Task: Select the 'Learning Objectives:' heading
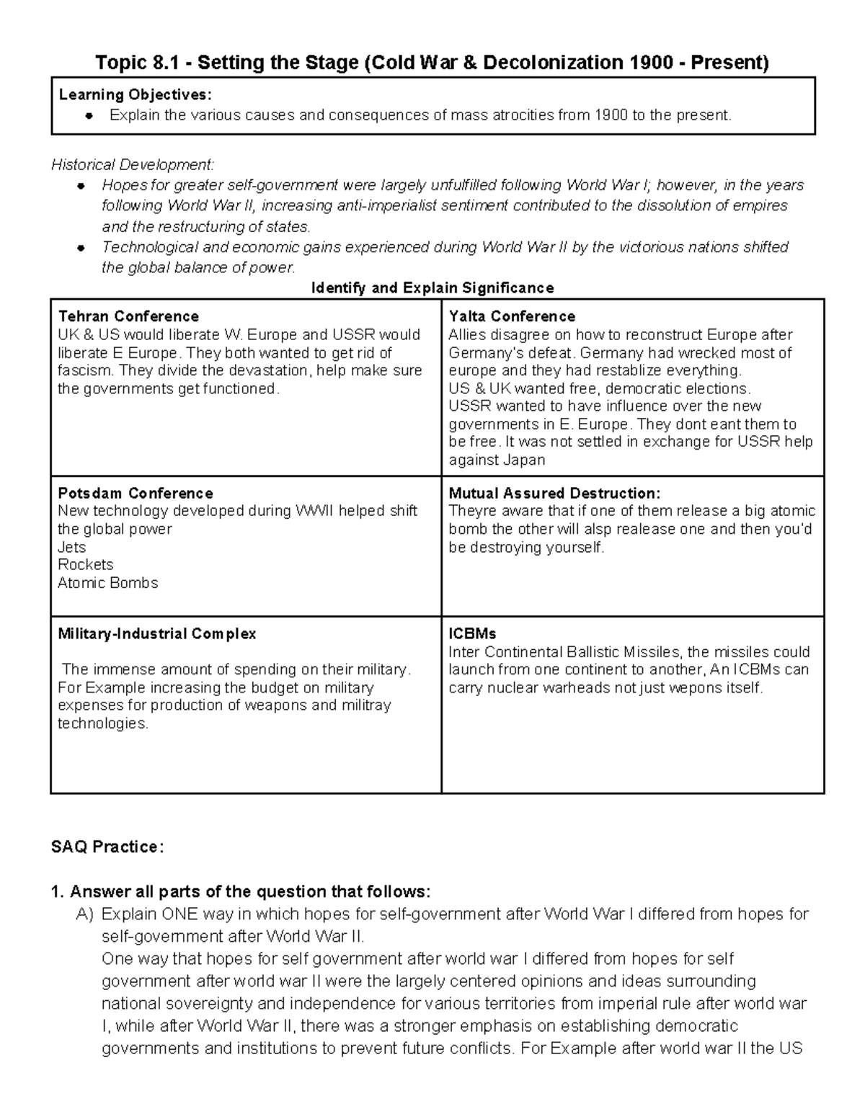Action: tap(136, 94)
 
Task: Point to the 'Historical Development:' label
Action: tap(133, 165)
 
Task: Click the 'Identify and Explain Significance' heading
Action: tap(432, 288)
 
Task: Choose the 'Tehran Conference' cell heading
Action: tap(128, 316)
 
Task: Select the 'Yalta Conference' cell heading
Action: tap(512, 316)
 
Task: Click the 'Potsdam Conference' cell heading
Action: tap(136, 494)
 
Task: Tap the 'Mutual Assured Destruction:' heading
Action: tap(554, 494)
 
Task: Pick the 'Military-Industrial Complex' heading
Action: tap(156, 634)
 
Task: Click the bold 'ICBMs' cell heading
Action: tap(472, 634)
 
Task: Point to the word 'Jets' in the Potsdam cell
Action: tap(71, 547)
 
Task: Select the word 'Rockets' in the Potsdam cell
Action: tap(85, 565)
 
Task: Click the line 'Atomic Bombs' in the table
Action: tap(107, 583)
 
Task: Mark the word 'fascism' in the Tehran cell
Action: tap(84, 371)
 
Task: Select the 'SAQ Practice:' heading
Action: tap(107, 847)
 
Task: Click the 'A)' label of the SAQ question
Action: tap(85, 915)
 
